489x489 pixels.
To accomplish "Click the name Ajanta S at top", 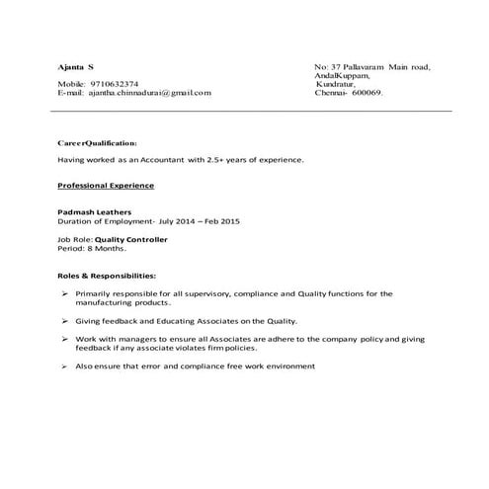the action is (x=76, y=66).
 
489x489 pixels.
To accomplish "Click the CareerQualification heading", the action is (x=97, y=141).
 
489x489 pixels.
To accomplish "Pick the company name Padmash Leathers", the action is (x=94, y=212).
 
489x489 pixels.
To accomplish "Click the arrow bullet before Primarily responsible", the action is (x=64, y=293).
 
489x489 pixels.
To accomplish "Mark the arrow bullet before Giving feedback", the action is (x=64, y=321).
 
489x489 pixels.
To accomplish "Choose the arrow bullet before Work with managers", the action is (x=64, y=339).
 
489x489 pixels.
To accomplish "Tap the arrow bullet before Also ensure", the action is (x=64, y=367).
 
